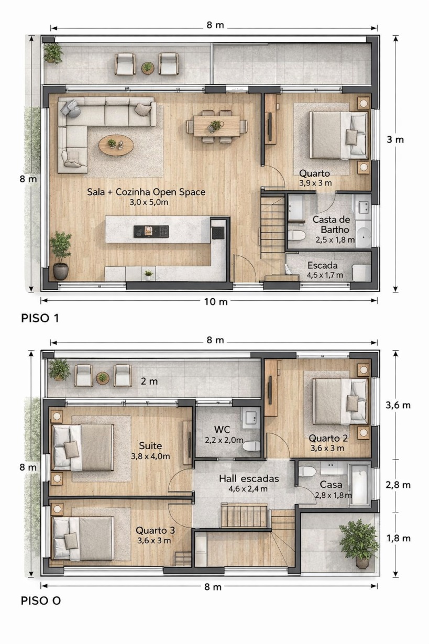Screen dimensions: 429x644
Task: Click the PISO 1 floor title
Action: [40, 318]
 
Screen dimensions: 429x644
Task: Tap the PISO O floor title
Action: [41, 601]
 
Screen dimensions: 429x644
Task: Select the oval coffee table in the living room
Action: [116, 146]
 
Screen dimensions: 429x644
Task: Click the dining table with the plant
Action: [217, 126]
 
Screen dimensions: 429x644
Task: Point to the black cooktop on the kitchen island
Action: [151, 232]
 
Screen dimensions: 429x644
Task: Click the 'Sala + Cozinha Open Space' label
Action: [146, 192]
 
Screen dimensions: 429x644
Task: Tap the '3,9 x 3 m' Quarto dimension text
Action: [315, 183]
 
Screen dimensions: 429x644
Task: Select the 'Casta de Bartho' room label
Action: [332, 225]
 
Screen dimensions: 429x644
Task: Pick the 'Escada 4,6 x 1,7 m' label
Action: [324, 270]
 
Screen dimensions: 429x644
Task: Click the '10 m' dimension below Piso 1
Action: [216, 302]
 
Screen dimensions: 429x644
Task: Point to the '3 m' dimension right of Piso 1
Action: [395, 140]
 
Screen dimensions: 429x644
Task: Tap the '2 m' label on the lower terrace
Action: [149, 381]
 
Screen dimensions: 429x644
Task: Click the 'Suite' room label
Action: [150, 446]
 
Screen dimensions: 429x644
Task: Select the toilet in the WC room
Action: [251, 446]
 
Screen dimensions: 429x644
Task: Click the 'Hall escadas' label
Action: [249, 479]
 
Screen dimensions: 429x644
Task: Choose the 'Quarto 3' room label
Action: [155, 530]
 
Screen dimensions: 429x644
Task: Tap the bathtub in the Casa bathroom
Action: [359, 484]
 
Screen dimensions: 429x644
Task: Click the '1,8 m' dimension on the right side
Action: [398, 539]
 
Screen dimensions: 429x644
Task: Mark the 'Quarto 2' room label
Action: [328, 439]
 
